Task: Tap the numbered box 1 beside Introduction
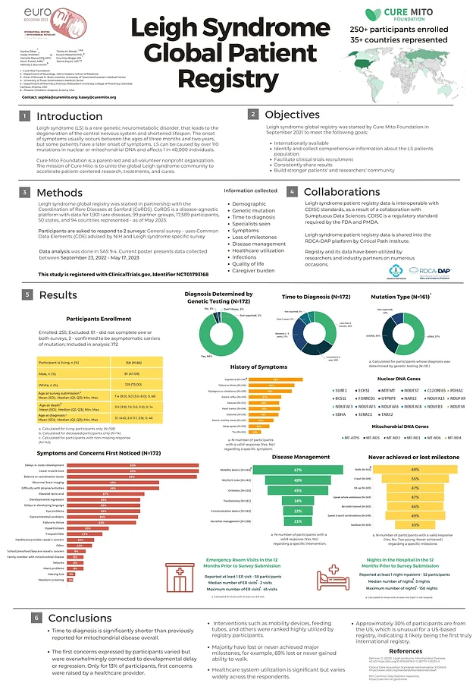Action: tap(25, 116)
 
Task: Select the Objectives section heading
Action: tap(291, 114)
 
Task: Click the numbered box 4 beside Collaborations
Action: tap(292, 193)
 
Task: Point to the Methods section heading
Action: tap(60, 194)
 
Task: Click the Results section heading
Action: tap(59, 294)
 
